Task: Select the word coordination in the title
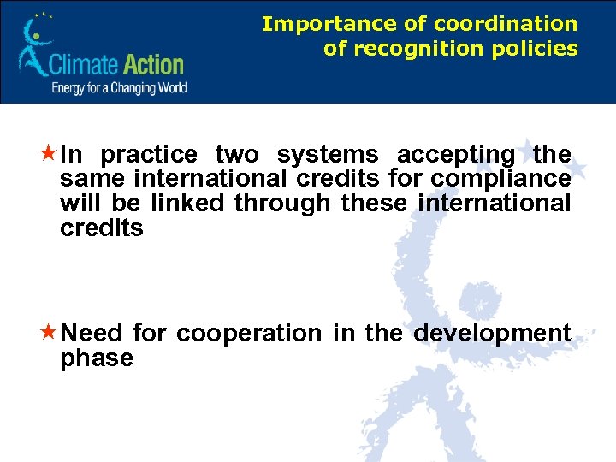pyautogui.click(x=505, y=24)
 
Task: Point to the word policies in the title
pyautogui.click(x=536, y=49)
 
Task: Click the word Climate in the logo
pyautogui.click(x=85, y=64)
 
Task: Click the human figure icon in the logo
pyautogui.click(x=35, y=47)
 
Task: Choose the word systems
pyautogui.click(x=327, y=155)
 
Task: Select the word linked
pyautogui.click(x=190, y=204)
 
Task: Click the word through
pyautogui.click(x=283, y=204)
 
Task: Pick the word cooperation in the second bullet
pyautogui.click(x=251, y=333)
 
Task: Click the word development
pyautogui.click(x=492, y=333)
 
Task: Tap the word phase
pyautogui.click(x=97, y=358)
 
